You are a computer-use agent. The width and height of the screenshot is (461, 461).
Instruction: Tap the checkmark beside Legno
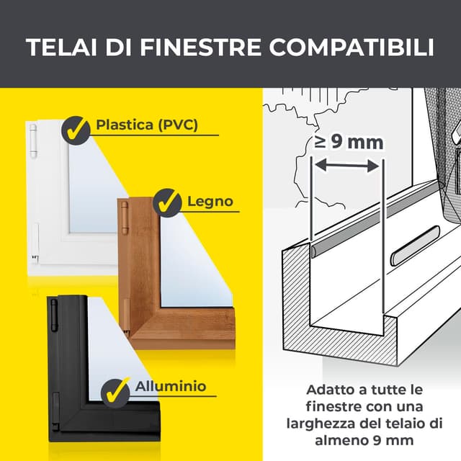pos(167,202)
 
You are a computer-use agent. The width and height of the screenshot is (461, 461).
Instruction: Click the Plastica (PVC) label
pos(146,125)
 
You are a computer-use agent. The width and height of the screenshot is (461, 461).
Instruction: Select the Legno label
pos(210,200)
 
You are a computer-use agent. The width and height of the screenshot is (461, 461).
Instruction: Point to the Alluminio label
pos(171,386)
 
